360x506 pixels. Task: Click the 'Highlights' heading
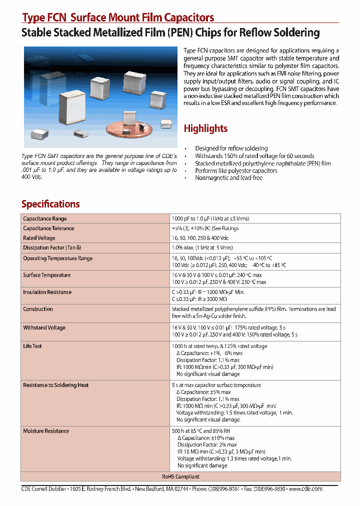(x=205, y=128)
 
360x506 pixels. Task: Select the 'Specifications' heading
(x=50, y=204)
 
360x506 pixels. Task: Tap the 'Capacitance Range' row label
(x=45, y=218)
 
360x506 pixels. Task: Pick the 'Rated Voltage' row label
(x=39, y=238)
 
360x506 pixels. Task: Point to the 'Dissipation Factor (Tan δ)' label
(x=52, y=247)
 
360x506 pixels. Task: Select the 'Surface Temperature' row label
(x=47, y=275)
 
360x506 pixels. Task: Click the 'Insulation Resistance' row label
(x=47, y=292)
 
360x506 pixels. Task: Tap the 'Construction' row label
(x=38, y=309)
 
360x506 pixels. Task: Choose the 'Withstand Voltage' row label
(x=44, y=327)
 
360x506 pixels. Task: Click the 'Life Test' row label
(x=32, y=346)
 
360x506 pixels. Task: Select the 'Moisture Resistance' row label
(x=46, y=430)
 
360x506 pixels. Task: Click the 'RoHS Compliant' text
(x=180, y=476)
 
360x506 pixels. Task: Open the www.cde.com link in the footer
(x=305, y=489)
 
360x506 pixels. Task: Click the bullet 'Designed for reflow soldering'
(x=231, y=148)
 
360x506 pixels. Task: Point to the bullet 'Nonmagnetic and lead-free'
(x=228, y=178)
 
